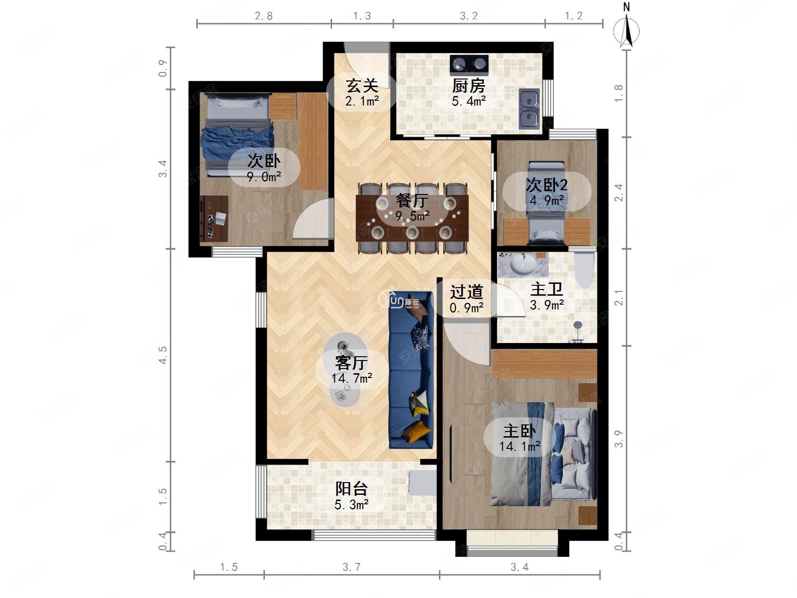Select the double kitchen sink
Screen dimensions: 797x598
pyautogui.click(x=529, y=109)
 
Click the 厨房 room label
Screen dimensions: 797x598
pyautogui.click(x=468, y=86)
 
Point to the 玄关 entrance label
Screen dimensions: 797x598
pyautogui.click(x=362, y=86)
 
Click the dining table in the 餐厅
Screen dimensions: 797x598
pyautogui.click(x=412, y=218)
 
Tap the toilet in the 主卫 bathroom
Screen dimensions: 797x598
pyautogui.click(x=584, y=270)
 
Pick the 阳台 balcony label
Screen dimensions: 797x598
pyautogui.click(x=351, y=488)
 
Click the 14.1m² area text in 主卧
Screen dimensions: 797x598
pyautogui.click(x=519, y=446)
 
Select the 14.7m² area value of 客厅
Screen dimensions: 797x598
pyautogui.click(x=351, y=378)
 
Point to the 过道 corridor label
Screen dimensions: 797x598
pyautogui.click(x=466, y=292)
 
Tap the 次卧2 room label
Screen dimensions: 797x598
pyautogui.click(x=547, y=185)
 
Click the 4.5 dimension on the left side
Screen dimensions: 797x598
pyautogui.click(x=163, y=355)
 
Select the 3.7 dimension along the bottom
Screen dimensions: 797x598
pyautogui.click(x=351, y=567)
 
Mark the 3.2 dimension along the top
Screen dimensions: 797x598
pyautogui.click(x=469, y=16)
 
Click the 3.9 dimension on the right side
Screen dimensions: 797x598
pyautogui.click(x=619, y=439)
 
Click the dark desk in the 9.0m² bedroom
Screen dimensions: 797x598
pyautogui.click(x=214, y=219)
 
